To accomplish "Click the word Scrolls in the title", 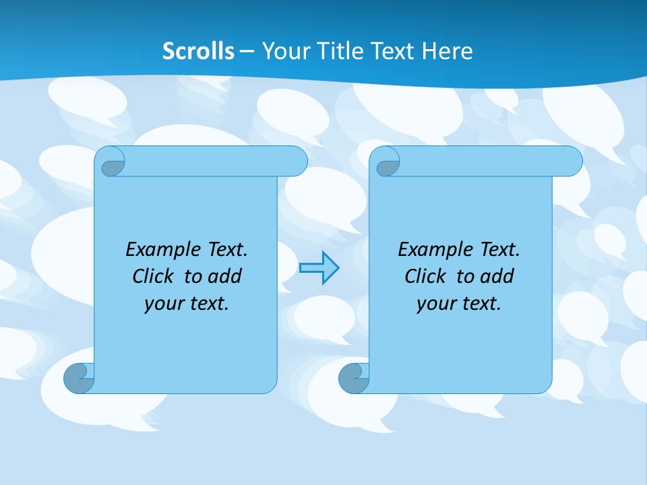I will click(x=199, y=51).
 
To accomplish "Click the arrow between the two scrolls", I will click(x=319, y=268).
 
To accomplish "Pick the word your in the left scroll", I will click(x=162, y=303).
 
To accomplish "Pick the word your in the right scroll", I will click(x=435, y=303).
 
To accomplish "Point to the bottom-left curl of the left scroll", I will click(x=79, y=379).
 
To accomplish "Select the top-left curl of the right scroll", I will click(x=388, y=164).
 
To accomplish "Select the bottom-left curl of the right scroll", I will click(x=353, y=379).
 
